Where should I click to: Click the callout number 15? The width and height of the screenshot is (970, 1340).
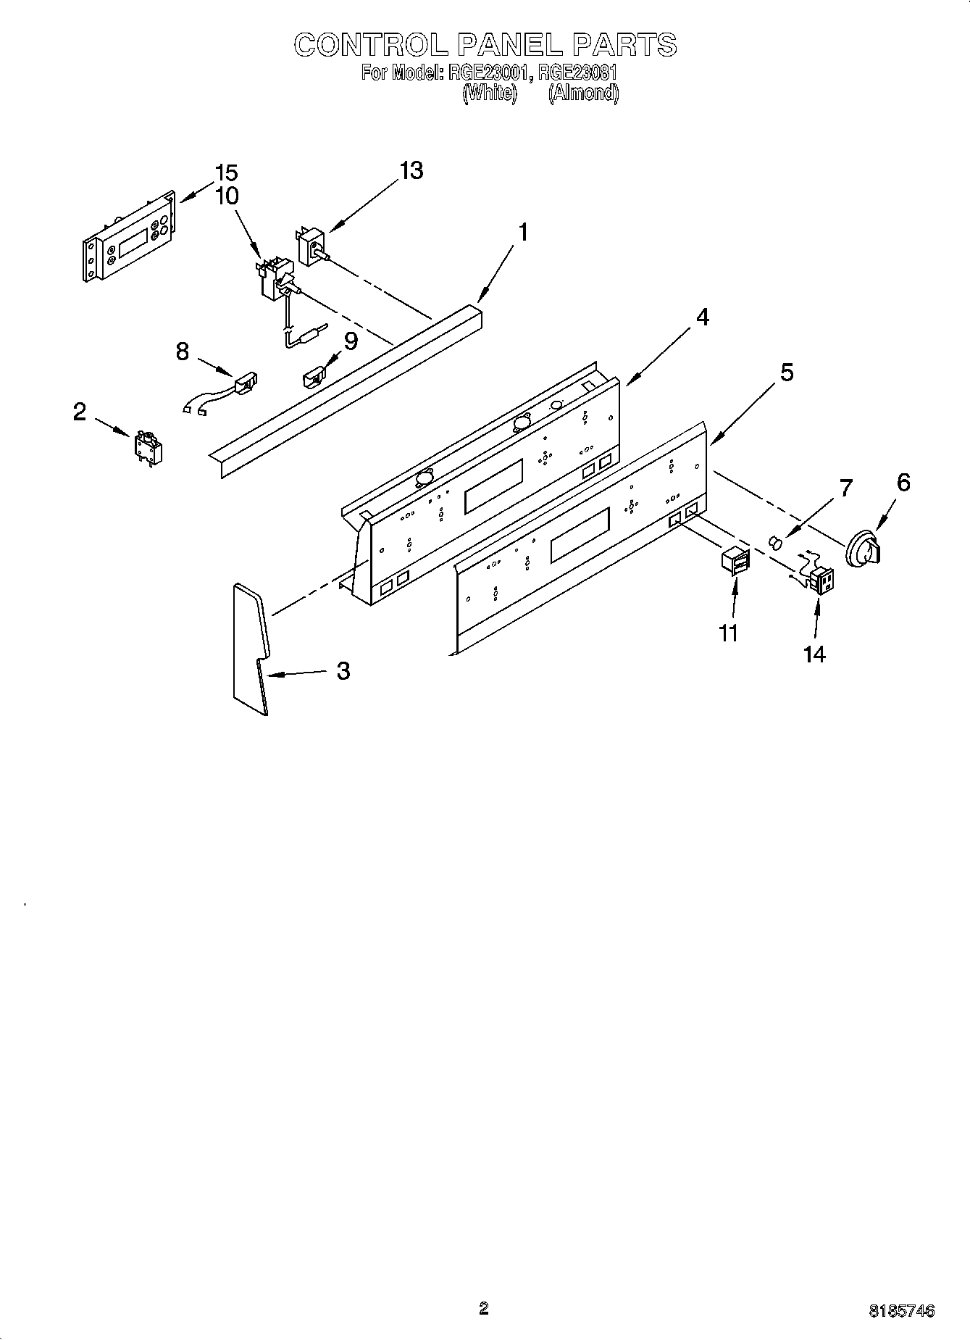click(227, 173)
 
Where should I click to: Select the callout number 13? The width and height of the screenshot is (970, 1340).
click(411, 171)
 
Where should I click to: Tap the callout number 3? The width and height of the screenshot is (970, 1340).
click(343, 671)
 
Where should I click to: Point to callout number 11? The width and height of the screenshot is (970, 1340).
click(728, 633)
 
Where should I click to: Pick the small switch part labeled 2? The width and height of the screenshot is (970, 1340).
click(148, 447)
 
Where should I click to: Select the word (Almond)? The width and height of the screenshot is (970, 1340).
click(583, 93)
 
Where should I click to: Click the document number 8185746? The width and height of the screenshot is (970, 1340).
click(901, 1310)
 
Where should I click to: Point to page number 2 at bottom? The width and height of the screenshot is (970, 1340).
click(484, 1307)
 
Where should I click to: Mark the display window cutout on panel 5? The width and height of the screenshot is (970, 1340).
click(579, 536)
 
